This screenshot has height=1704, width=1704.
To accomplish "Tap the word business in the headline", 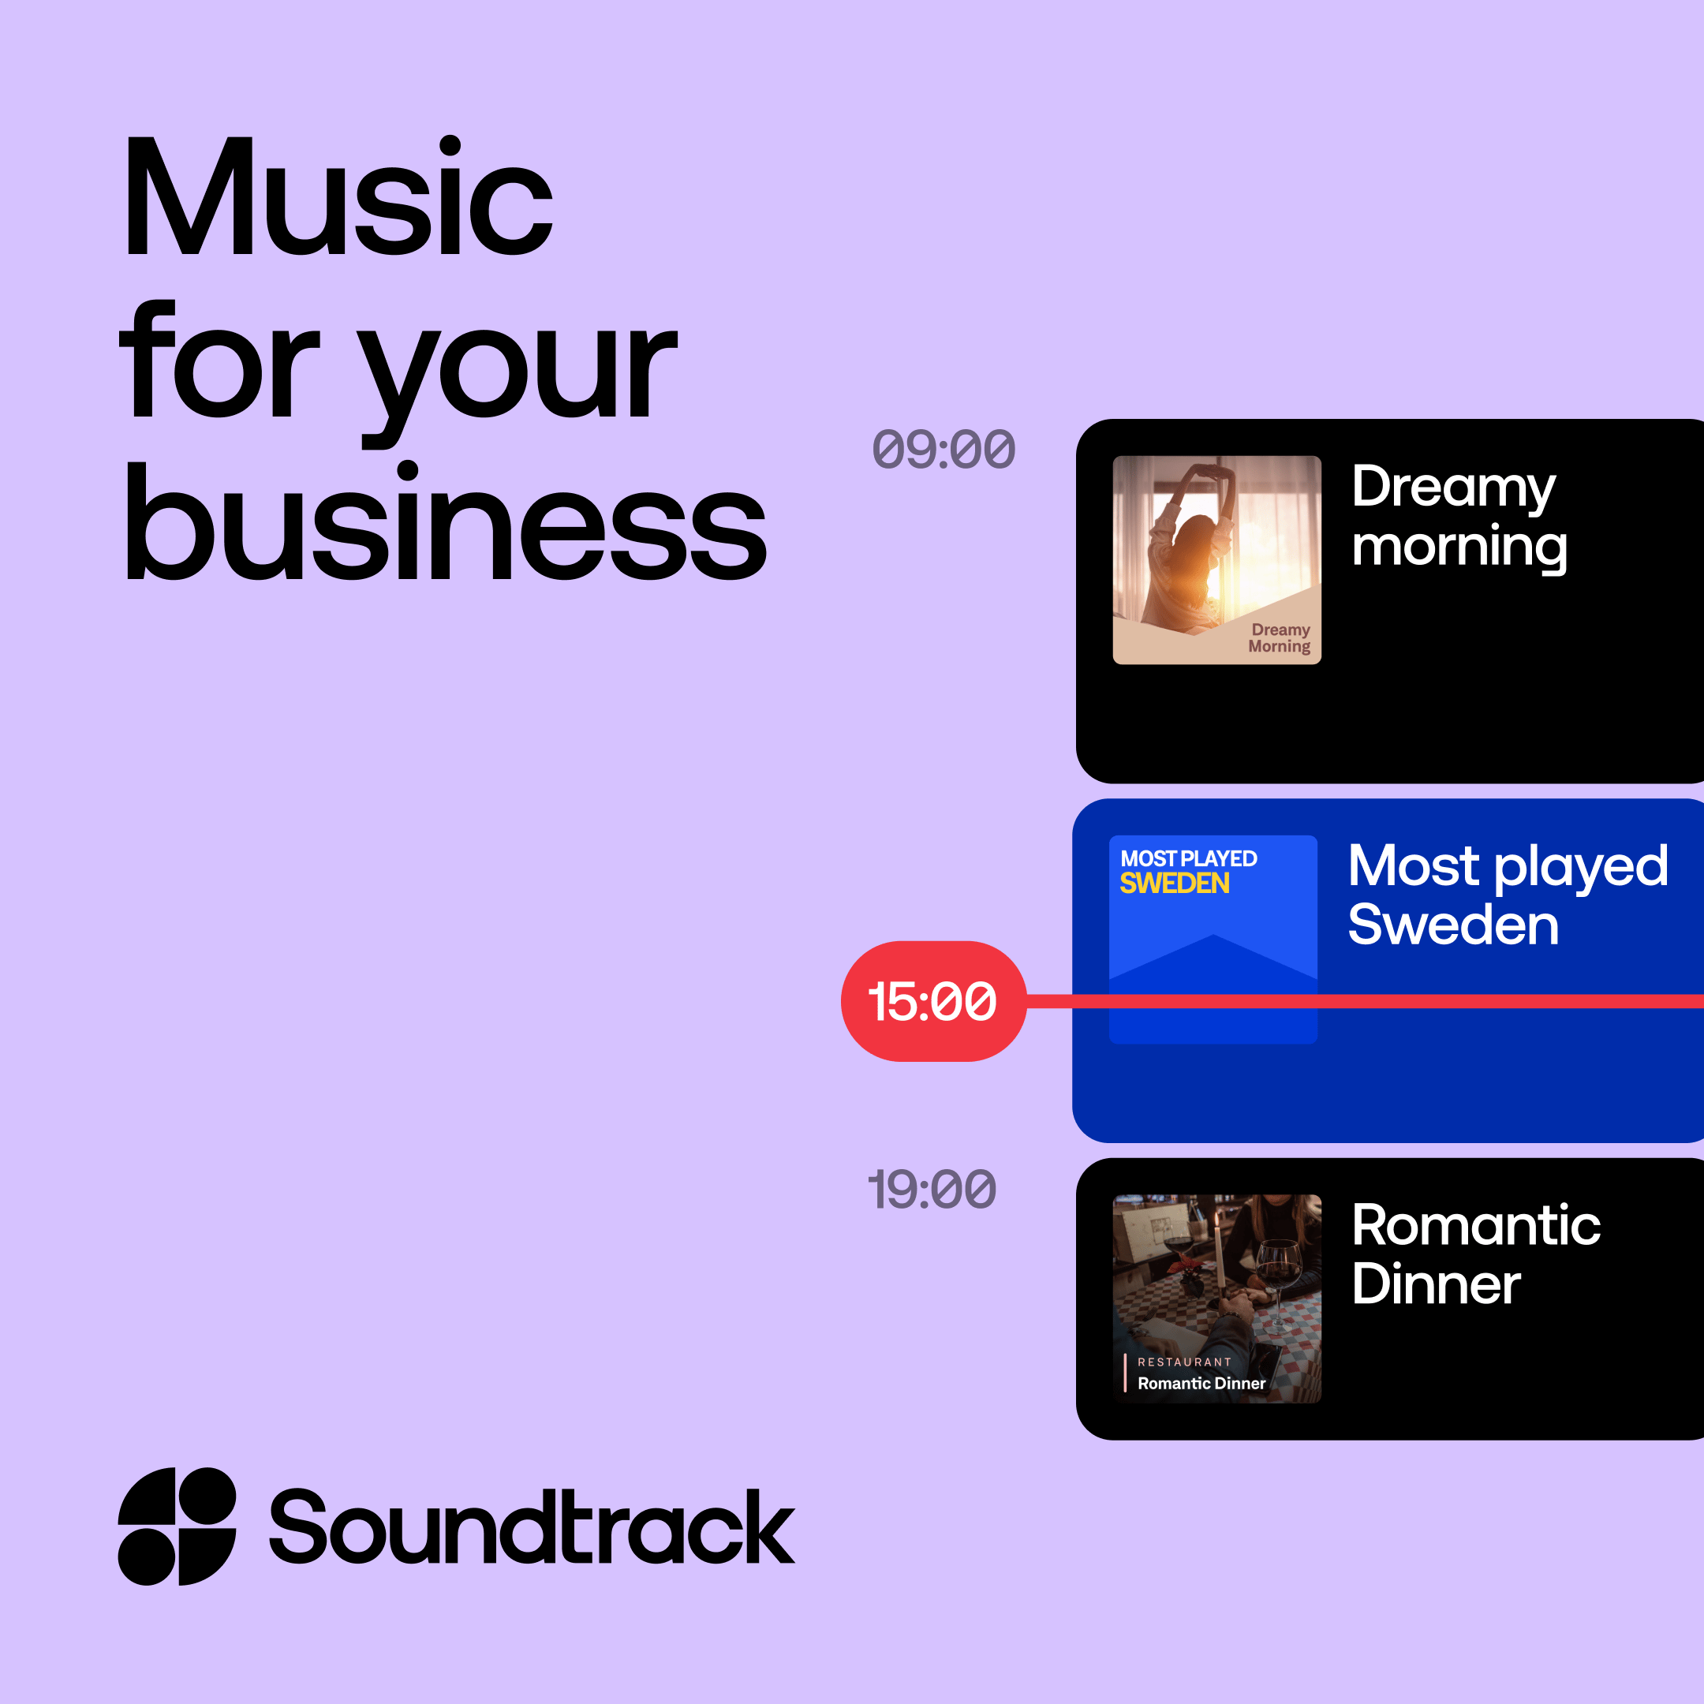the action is (x=446, y=521).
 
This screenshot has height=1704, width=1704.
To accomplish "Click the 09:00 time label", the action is (x=944, y=449).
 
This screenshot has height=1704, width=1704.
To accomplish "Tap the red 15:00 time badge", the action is (x=933, y=1001).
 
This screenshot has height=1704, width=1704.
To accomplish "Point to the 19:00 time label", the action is (x=932, y=1189).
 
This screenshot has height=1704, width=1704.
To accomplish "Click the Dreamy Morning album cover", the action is (x=1217, y=560).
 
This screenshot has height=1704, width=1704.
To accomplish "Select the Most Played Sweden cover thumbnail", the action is (x=1213, y=940).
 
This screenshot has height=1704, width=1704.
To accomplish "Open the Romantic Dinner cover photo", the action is (x=1217, y=1299).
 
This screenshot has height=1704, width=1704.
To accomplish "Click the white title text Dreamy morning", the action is (x=1459, y=518).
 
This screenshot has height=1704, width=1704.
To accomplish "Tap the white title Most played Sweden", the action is (x=1508, y=895).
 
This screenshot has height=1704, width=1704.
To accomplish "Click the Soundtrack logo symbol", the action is (x=177, y=1526).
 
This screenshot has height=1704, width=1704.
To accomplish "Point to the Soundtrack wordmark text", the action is (x=532, y=1526).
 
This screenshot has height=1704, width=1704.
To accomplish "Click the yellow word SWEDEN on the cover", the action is (x=1174, y=883).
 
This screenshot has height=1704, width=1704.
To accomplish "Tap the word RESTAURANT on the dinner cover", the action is (x=1184, y=1362).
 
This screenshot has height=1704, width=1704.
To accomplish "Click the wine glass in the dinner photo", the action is (x=1278, y=1279).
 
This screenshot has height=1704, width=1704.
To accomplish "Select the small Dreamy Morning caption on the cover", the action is (x=1279, y=637).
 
